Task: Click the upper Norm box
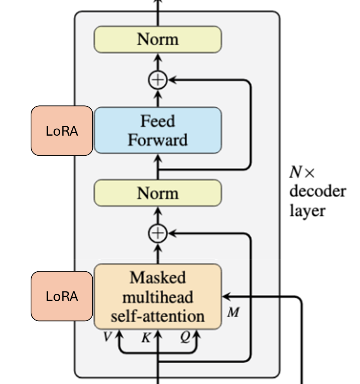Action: [157, 40]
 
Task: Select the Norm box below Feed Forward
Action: [157, 193]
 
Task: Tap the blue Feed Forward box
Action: [157, 130]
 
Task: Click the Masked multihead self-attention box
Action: [157, 297]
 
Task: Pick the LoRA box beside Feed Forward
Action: [62, 131]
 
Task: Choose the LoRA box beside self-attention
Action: [62, 296]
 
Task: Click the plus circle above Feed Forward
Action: [157, 80]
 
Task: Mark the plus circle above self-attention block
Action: [157, 234]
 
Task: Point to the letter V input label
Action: [107, 337]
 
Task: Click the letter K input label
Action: [145, 338]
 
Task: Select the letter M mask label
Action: [233, 312]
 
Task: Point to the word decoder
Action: [318, 191]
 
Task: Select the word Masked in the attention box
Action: [157, 278]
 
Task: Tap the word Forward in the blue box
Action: [157, 140]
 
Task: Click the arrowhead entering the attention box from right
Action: [225, 297]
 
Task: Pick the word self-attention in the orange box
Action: [157, 316]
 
